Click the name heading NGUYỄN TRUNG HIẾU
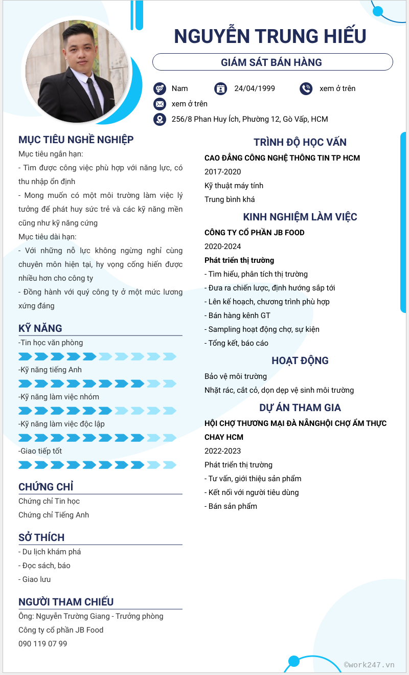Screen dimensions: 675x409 tap(270, 36)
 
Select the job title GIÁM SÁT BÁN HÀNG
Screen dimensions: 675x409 tap(271, 62)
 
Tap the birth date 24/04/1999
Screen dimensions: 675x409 tap(254, 88)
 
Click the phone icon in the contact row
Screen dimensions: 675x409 tap(306, 88)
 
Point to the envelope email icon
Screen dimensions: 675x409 tap(160, 104)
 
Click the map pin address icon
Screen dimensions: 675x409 tap(160, 119)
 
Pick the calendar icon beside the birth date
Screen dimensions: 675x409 tap(220, 88)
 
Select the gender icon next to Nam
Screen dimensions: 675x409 tap(160, 88)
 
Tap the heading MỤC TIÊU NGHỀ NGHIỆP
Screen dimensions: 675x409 tap(76, 140)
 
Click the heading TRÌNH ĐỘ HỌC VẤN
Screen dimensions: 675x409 tap(300, 142)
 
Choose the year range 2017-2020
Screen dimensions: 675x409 tap(222, 172)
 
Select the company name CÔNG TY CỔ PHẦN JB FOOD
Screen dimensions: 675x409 tap(254, 233)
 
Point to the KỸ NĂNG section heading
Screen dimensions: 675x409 tap(40, 328)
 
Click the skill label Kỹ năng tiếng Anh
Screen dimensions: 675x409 tap(50, 370)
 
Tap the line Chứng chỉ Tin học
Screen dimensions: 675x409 tap(49, 501)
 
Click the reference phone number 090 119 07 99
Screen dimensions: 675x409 tap(42, 644)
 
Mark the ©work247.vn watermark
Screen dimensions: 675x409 tap(369, 665)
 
